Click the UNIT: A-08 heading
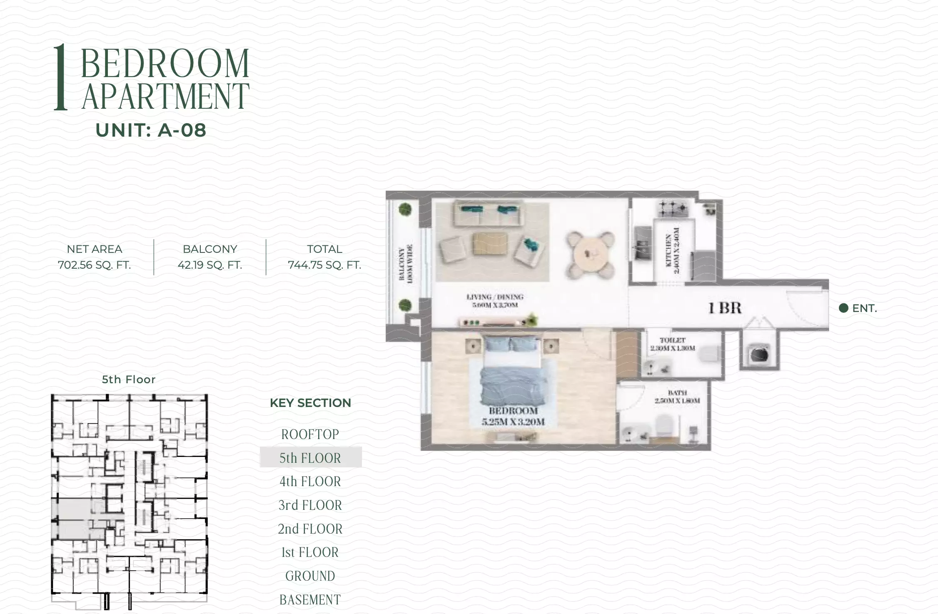(151, 130)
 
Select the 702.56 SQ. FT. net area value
(94, 265)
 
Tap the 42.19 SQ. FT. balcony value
(210, 265)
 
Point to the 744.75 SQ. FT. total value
(324, 265)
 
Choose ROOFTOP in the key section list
(310, 434)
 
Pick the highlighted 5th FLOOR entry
(310, 458)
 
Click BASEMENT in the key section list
(310, 600)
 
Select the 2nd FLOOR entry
(310, 529)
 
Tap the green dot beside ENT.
(843, 308)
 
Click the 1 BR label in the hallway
(725, 308)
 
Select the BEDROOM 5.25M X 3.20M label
(513, 416)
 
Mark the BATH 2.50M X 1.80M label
(677, 397)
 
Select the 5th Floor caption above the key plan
(129, 379)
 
